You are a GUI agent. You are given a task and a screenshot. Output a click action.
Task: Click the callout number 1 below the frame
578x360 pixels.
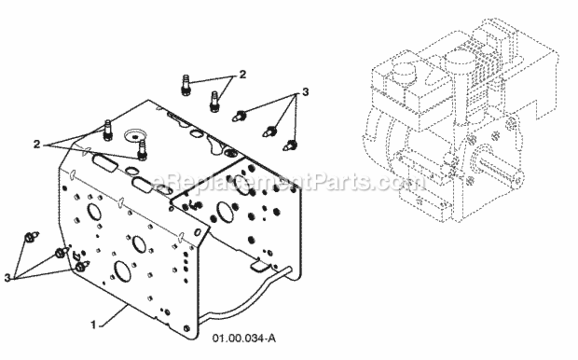[x=94, y=324]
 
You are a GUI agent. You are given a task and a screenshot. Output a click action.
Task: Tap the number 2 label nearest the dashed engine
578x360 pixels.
[x=243, y=74]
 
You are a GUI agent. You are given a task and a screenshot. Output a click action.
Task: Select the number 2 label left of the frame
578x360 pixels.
[x=37, y=144]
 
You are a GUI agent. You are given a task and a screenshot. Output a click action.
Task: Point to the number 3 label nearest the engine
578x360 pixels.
[x=305, y=92]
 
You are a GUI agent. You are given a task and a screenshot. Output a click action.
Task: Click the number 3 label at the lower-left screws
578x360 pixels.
[x=8, y=278]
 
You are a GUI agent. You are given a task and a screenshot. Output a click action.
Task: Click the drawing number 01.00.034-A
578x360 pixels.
[x=244, y=338]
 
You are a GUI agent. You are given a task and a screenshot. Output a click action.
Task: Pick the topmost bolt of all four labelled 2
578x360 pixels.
[x=186, y=85]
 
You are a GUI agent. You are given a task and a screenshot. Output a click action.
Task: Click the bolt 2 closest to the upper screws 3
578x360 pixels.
[x=215, y=102]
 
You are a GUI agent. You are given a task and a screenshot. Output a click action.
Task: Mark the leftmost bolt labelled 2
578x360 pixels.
[x=107, y=131]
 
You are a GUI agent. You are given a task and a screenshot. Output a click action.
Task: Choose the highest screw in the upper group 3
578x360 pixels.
[x=239, y=116]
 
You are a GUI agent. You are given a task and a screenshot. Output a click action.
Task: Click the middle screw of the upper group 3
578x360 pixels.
[x=270, y=132]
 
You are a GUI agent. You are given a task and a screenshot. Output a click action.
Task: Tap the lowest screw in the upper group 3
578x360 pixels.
[x=290, y=146]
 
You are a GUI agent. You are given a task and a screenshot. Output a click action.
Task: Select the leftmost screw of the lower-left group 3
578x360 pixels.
[x=31, y=237]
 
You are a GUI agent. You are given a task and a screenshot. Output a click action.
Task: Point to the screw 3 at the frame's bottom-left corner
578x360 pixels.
[x=82, y=266]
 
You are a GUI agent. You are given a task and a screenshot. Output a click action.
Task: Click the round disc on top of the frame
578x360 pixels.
[x=135, y=136]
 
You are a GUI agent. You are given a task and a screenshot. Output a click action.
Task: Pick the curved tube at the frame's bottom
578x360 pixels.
[x=243, y=300]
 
